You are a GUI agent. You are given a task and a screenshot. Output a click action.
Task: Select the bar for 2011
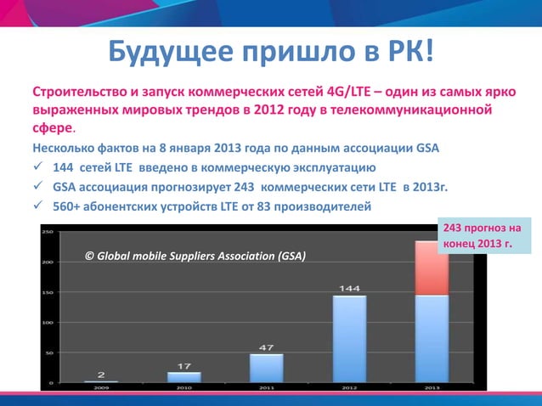pyautogui.click(x=266, y=367)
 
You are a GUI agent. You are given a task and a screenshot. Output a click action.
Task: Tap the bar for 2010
pyautogui.click(x=183, y=376)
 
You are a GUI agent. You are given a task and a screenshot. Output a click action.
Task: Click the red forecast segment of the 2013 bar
pyautogui.click(x=432, y=268)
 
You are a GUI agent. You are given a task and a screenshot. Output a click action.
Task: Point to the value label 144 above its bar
pyautogui.click(x=349, y=288)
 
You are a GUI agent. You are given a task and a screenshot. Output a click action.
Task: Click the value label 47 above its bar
pyautogui.click(x=266, y=347)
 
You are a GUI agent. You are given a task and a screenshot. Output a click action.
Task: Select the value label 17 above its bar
pyautogui.click(x=183, y=365)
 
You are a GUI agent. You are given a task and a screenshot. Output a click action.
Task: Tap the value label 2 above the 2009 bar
pyautogui.click(x=101, y=374)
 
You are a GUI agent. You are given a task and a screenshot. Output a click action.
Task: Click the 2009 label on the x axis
pyautogui.click(x=101, y=388)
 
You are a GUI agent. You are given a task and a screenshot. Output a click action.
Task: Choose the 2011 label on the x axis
pyautogui.click(x=266, y=388)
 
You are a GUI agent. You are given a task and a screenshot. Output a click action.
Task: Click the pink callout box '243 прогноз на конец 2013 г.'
pyautogui.click(x=479, y=237)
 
